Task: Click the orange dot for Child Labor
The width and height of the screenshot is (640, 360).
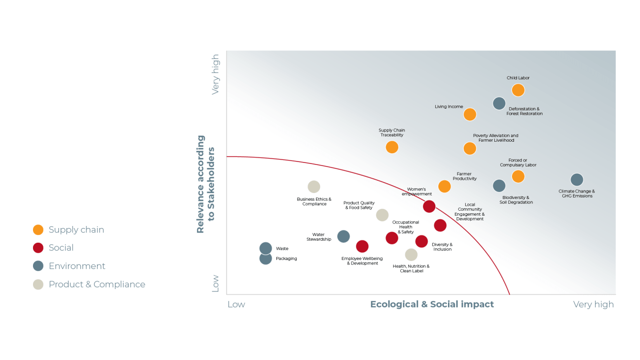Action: (x=518, y=90)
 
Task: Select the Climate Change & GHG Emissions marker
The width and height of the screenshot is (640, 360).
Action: (x=577, y=180)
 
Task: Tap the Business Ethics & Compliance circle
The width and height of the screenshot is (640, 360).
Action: (x=314, y=187)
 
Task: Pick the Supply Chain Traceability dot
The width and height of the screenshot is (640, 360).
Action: (x=392, y=147)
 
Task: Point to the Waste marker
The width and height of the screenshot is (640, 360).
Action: (x=266, y=248)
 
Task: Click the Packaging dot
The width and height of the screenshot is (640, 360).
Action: (x=266, y=258)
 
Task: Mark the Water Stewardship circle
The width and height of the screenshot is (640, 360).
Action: (x=343, y=236)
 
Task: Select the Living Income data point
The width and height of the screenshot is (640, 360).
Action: (x=470, y=115)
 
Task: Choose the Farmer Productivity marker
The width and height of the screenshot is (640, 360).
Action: (x=444, y=186)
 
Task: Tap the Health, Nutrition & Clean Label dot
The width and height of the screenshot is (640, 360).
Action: (x=411, y=254)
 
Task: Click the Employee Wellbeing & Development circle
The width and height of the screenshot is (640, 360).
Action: (x=362, y=246)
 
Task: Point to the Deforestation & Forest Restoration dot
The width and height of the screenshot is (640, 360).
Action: (x=499, y=104)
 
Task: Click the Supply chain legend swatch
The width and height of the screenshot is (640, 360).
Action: (x=38, y=230)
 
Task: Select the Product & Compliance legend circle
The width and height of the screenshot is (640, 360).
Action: (x=38, y=284)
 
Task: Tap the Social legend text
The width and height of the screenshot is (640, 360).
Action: (x=61, y=248)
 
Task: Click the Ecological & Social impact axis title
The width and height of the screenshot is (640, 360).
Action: (x=432, y=305)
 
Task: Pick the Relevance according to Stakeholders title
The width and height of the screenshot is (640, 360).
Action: (x=206, y=184)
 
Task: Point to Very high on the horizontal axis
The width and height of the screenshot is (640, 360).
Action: (x=593, y=305)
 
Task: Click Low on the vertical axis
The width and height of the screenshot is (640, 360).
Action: (x=215, y=283)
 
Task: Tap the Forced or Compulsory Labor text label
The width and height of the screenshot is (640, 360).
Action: (x=518, y=162)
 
